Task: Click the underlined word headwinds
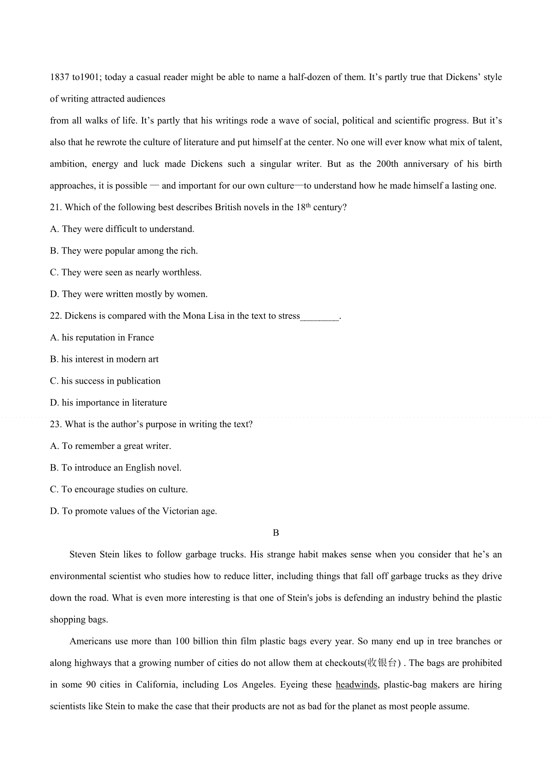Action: click(356, 685)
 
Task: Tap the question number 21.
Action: click(56, 207)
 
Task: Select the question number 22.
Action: click(56, 316)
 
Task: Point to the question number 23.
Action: click(56, 425)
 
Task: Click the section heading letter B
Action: click(276, 533)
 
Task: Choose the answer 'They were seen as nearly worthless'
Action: click(131, 273)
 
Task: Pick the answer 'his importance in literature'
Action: click(114, 403)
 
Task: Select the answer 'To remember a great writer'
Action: click(116, 446)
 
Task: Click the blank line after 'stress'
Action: click(320, 317)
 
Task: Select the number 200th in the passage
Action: click(387, 164)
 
